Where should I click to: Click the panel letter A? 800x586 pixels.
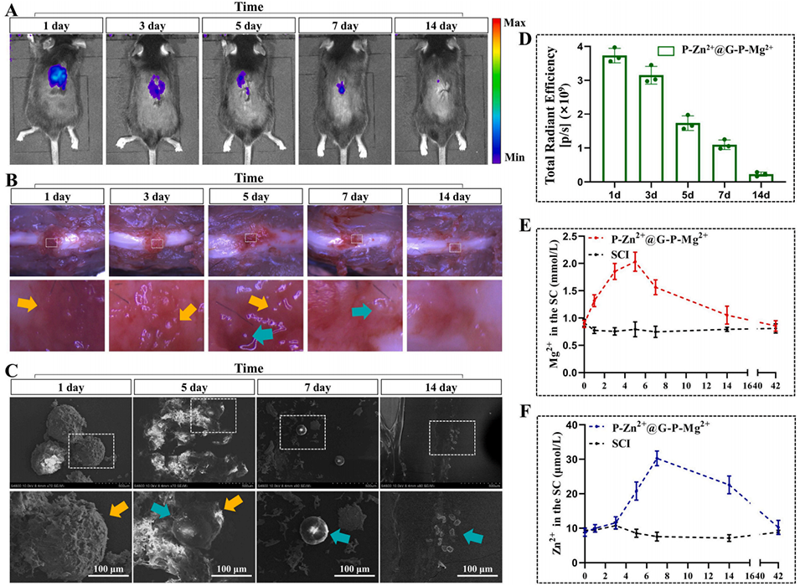[x=15, y=11]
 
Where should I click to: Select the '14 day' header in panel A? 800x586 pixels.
[x=441, y=25]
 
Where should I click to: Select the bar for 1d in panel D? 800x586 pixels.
[x=615, y=118]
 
